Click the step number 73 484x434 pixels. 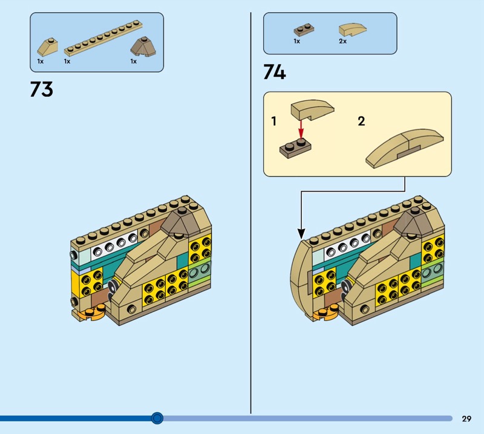point(42,89)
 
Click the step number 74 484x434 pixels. point(275,72)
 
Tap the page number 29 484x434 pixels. point(466,418)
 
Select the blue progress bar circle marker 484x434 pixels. point(157,418)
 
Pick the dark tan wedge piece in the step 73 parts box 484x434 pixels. point(143,47)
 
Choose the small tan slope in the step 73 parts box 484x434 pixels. point(48,47)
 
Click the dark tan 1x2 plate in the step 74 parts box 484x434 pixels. point(304,30)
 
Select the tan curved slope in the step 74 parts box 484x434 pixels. point(353,30)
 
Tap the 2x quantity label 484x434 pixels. point(342,41)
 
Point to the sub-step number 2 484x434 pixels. point(361,121)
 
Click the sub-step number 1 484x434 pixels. point(274,121)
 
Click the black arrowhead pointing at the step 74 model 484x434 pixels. point(301,233)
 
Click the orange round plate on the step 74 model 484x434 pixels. point(325,313)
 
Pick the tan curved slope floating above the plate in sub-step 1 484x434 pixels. point(312,109)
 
